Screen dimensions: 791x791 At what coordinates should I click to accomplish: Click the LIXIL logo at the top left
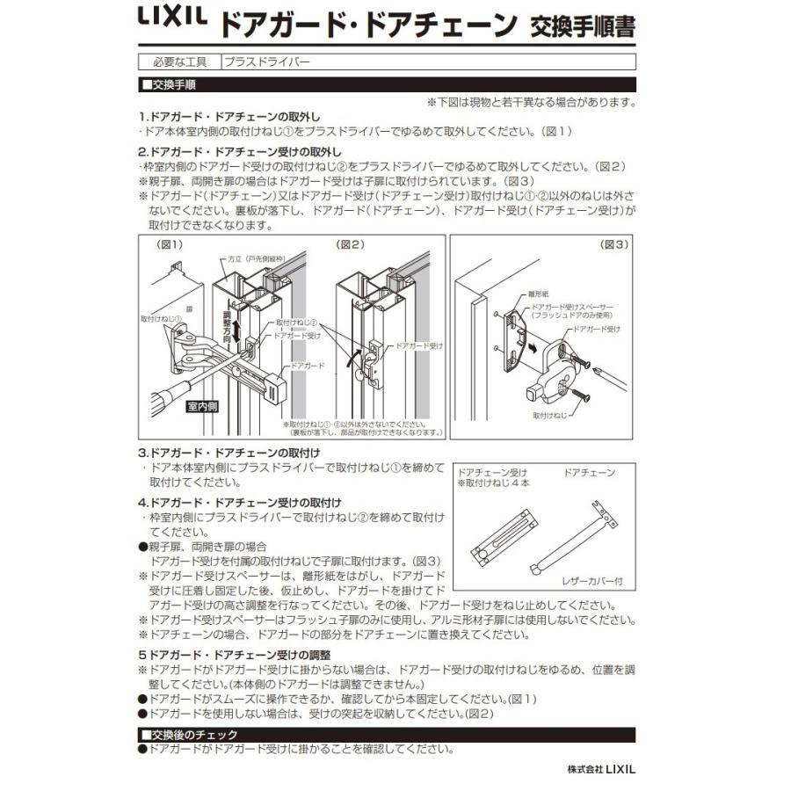(171, 20)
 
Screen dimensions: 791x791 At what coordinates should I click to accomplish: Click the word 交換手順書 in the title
(582, 25)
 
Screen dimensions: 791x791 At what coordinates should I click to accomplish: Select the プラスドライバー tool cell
(267, 62)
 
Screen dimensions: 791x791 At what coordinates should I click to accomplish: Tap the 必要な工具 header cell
(179, 62)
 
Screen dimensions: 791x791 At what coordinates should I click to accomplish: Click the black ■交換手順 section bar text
(169, 85)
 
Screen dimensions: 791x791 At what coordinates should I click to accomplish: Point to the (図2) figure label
(351, 244)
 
